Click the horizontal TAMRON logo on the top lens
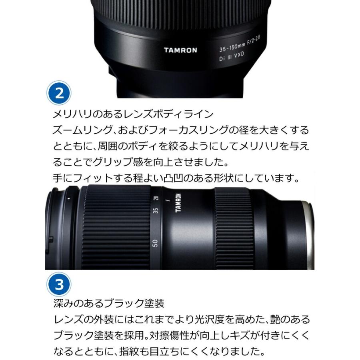tap(180, 50)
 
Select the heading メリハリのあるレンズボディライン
tap(133, 114)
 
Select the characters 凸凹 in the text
tap(173, 178)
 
